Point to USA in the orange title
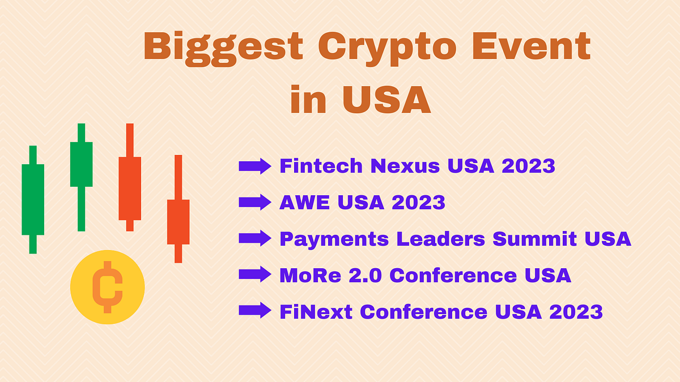(386, 99)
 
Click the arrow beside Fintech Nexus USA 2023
(255, 166)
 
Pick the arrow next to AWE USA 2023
(255, 202)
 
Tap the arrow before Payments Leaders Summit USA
(255, 238)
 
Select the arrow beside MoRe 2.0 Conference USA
(255, 274)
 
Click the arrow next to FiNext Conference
(255, 311)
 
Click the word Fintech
(321, 166)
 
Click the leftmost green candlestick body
(33, 199)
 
